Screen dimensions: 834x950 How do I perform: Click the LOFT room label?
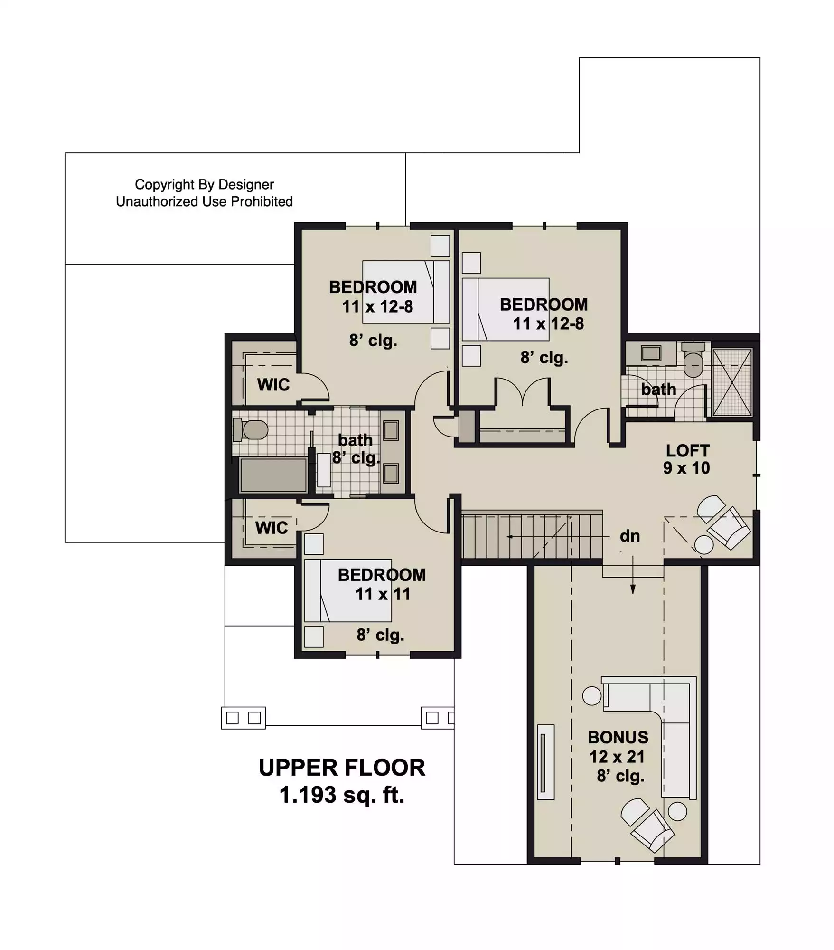click(x=687, y=450)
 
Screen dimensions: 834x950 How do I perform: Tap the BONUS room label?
click(x=618, y=737)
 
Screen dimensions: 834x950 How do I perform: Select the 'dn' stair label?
click(x=629, y=536)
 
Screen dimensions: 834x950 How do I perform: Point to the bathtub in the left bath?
click(x=273, y=475)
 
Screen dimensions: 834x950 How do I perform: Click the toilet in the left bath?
click(x=250, y=430)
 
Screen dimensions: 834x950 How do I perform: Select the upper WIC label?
click(x=273, y=384)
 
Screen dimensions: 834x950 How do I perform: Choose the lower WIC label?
click(x=271, y=527)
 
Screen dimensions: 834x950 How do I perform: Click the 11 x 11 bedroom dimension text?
click(x=383, y=594)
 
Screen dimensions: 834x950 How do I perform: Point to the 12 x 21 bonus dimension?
click(x=617, y=757)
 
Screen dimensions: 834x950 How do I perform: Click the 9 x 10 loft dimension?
click(x=686, y=468)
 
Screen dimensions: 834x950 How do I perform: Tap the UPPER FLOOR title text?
click(x=342, y=768)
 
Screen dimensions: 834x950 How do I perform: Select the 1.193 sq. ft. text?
click(x=342, y=795)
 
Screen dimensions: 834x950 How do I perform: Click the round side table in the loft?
click(x=703, y=544)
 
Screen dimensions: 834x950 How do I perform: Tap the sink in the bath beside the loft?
click(x=651, y=353)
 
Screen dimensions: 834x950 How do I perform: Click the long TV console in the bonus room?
click(x=545, y=762)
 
